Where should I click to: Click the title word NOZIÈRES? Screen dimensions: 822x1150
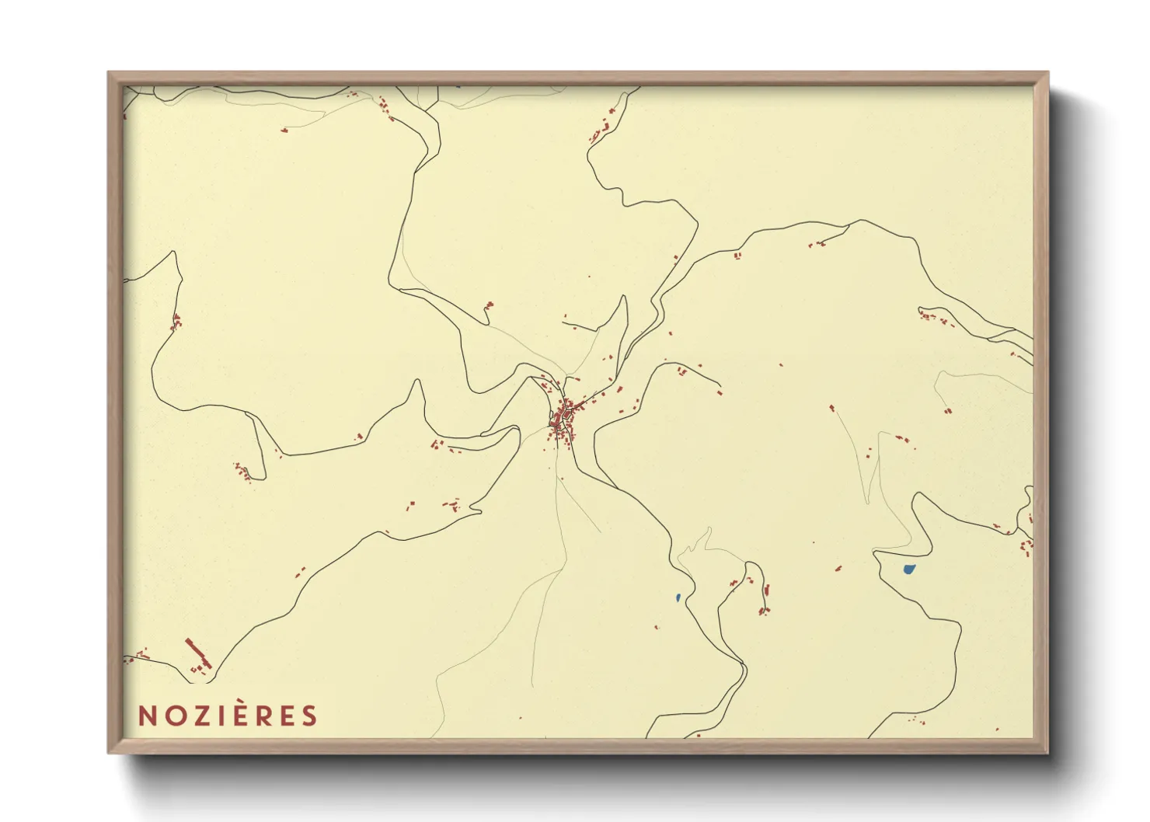coord(228,716)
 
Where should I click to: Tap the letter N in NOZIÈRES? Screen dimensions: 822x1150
coord(146,716)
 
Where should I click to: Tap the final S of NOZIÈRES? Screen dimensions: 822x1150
coord(310,716)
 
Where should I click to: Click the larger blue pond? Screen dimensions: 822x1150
coord(908,569)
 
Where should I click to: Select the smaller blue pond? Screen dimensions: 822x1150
coord(678,597)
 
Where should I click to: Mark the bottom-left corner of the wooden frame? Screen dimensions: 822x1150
coord(110,751)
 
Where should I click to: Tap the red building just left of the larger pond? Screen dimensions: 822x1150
coord(838,568)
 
